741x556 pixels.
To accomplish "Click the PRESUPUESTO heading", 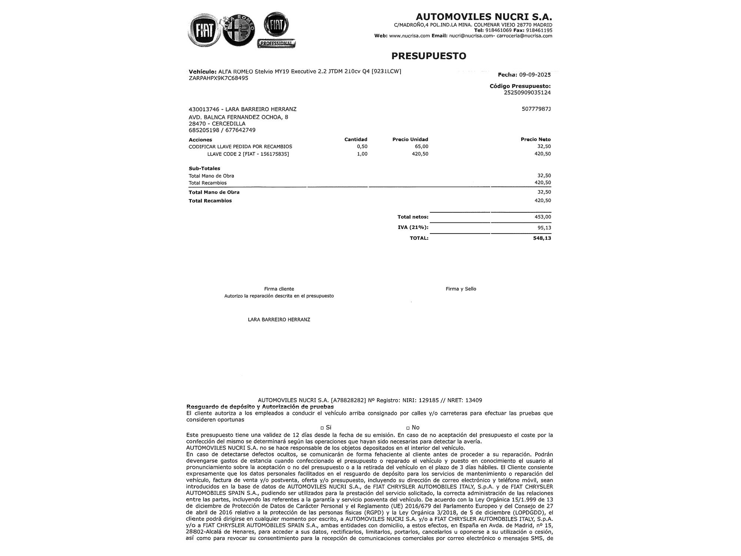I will click(x=429, y=56).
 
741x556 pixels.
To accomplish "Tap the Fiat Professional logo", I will click(x=276, y=30).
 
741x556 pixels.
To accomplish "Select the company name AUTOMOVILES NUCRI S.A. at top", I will click(x=484, y=17).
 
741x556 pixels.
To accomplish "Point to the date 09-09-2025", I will click(x=535, y=75).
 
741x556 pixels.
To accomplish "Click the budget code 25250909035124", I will click(x=527, y=93).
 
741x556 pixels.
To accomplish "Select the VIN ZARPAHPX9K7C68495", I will click(x=218, y=78).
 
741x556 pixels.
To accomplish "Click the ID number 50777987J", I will click(x=536, y=109).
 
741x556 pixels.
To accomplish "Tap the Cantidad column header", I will click(x=356, y=139).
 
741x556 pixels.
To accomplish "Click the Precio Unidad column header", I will click(x=410, y=139).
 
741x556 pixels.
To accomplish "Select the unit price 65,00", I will click(x=422, y=146).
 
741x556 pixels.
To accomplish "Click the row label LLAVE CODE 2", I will click(x=248, y=154).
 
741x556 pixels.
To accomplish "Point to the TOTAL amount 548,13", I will click(x=542, y=238).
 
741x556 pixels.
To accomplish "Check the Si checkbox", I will click(x=322, y=428).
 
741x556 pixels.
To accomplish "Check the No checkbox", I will click(x=408, y=428).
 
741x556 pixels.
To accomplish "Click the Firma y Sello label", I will click(x=461, y=289).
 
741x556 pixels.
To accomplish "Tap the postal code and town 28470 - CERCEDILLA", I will click(x=217, y=123).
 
